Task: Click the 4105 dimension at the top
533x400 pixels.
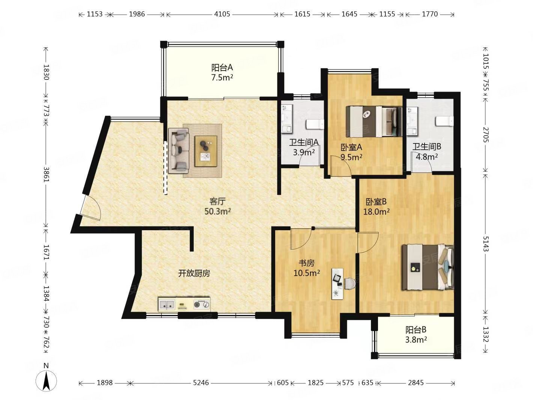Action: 222,14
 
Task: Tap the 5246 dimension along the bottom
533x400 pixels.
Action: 201,383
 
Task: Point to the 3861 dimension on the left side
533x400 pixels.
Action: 46,174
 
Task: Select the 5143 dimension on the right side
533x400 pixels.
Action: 486,244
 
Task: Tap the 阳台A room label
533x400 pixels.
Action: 222,67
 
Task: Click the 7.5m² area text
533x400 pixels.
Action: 222,78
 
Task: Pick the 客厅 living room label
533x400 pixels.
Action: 218,201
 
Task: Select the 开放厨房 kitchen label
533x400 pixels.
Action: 194,273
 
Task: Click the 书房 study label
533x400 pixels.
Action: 306,263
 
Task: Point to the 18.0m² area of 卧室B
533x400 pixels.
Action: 376,212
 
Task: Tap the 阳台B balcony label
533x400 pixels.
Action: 416,329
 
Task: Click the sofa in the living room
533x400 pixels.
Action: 179,151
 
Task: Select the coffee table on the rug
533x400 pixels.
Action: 206,151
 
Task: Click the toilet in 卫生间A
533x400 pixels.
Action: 315,124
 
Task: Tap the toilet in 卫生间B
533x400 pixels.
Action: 445,121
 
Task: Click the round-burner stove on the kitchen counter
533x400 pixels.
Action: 202,304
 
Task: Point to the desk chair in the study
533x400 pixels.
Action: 350,284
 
